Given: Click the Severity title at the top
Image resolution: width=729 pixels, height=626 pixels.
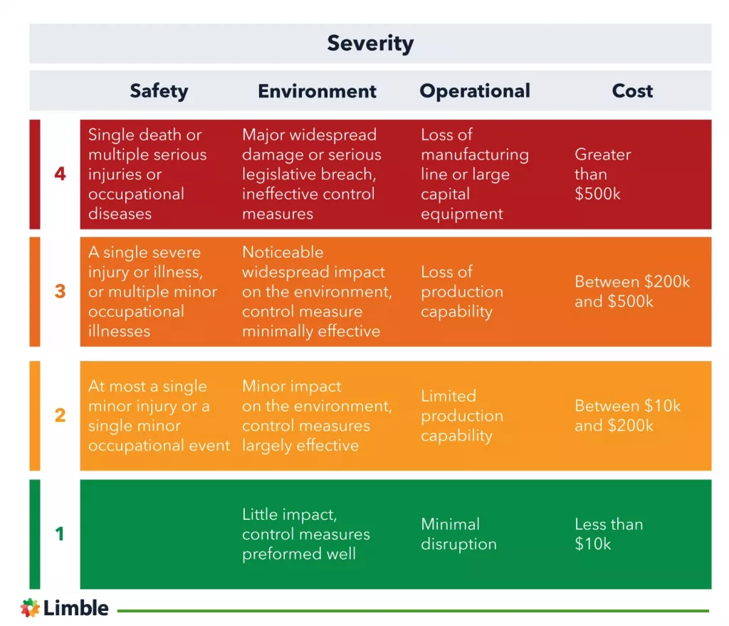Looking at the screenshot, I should [x=370, y=43].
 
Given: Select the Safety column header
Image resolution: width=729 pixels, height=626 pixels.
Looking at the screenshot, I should [x=159, y=91].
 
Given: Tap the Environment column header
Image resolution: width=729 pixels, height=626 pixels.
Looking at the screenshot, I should [x=317, y=91].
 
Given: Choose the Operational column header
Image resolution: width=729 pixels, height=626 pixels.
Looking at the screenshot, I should [x=475, y=91].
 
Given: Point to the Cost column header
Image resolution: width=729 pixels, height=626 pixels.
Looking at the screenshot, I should [x=632, y=91].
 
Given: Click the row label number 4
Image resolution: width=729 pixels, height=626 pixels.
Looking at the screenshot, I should [x=60, y=174].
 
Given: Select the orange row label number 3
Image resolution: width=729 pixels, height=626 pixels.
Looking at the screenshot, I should [x=60, y=292].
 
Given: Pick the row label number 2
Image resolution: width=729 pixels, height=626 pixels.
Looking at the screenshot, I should [x=60, y=415].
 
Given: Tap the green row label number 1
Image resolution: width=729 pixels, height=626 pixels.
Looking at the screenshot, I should [x=60, y=533].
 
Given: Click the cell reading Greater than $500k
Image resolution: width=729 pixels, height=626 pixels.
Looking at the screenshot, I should [x=602, y=174].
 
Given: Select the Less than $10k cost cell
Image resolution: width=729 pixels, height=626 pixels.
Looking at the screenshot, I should [x=608, y=534].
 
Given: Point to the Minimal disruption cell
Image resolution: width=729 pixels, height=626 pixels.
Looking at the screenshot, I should [x=458, y=534].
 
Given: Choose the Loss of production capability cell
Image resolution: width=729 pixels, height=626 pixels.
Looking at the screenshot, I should [x=461, y=292].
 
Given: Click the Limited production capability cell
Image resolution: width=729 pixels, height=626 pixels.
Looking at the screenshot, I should [x=461, y=416].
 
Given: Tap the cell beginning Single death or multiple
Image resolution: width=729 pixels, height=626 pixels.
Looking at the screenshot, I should [x=147, y=174].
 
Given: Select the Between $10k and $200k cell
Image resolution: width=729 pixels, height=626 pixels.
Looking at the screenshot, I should [x=627, y=416].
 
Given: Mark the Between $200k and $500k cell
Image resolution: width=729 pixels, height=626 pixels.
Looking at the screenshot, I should [x=632, y=292].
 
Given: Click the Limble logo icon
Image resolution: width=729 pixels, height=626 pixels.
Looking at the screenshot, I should [x=30, y=607].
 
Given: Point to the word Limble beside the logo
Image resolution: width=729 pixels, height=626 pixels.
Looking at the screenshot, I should [x=75, y=608].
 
